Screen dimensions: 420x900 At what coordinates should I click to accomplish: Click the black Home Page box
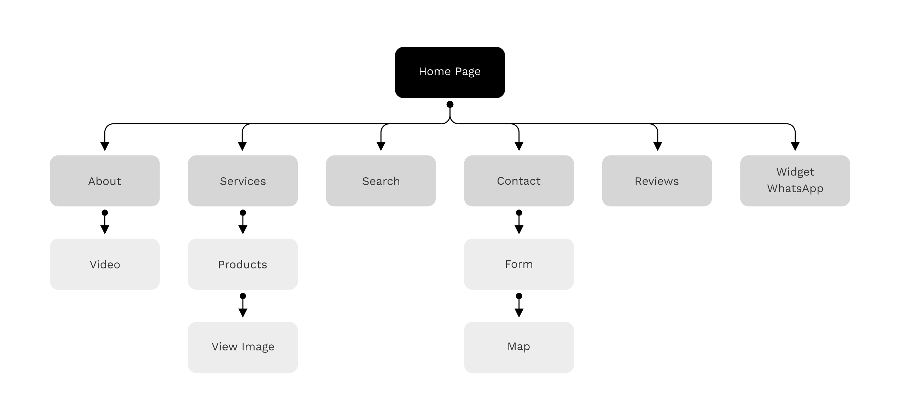pos(449,72)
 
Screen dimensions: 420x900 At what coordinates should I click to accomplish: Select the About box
pos(105,181)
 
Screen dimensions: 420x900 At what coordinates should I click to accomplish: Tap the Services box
pos(243,181)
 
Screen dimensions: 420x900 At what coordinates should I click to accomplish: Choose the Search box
pos(381,181)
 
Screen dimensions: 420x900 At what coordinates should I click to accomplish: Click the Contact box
pos(518,181)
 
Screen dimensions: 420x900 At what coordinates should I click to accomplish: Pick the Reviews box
pos(657,181)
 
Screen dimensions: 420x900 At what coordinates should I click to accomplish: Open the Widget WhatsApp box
pos(795,181)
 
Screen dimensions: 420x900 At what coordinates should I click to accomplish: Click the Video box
pos(105,264)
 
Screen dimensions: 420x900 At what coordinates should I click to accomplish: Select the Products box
pos(243,264)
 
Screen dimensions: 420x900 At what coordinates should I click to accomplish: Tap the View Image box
pos(243,347)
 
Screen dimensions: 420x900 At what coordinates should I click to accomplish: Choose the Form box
pos(518,264)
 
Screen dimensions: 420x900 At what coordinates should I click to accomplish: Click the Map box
pos(518,347)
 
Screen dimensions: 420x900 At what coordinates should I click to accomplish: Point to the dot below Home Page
pos(450,104)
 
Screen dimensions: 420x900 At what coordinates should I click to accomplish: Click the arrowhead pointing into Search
pos(381,146)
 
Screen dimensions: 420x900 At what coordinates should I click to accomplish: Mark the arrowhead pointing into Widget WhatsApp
pos(795,146)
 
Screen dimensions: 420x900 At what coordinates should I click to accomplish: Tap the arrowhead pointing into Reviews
pos(657,146)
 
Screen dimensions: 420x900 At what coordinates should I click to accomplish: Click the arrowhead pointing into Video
pos(105,229)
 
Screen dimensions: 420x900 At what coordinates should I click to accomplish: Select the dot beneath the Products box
pos(243,296)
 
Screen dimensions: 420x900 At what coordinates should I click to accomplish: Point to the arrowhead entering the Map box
pos(519,313)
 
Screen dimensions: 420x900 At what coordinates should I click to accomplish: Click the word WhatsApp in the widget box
pos(795,189)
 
